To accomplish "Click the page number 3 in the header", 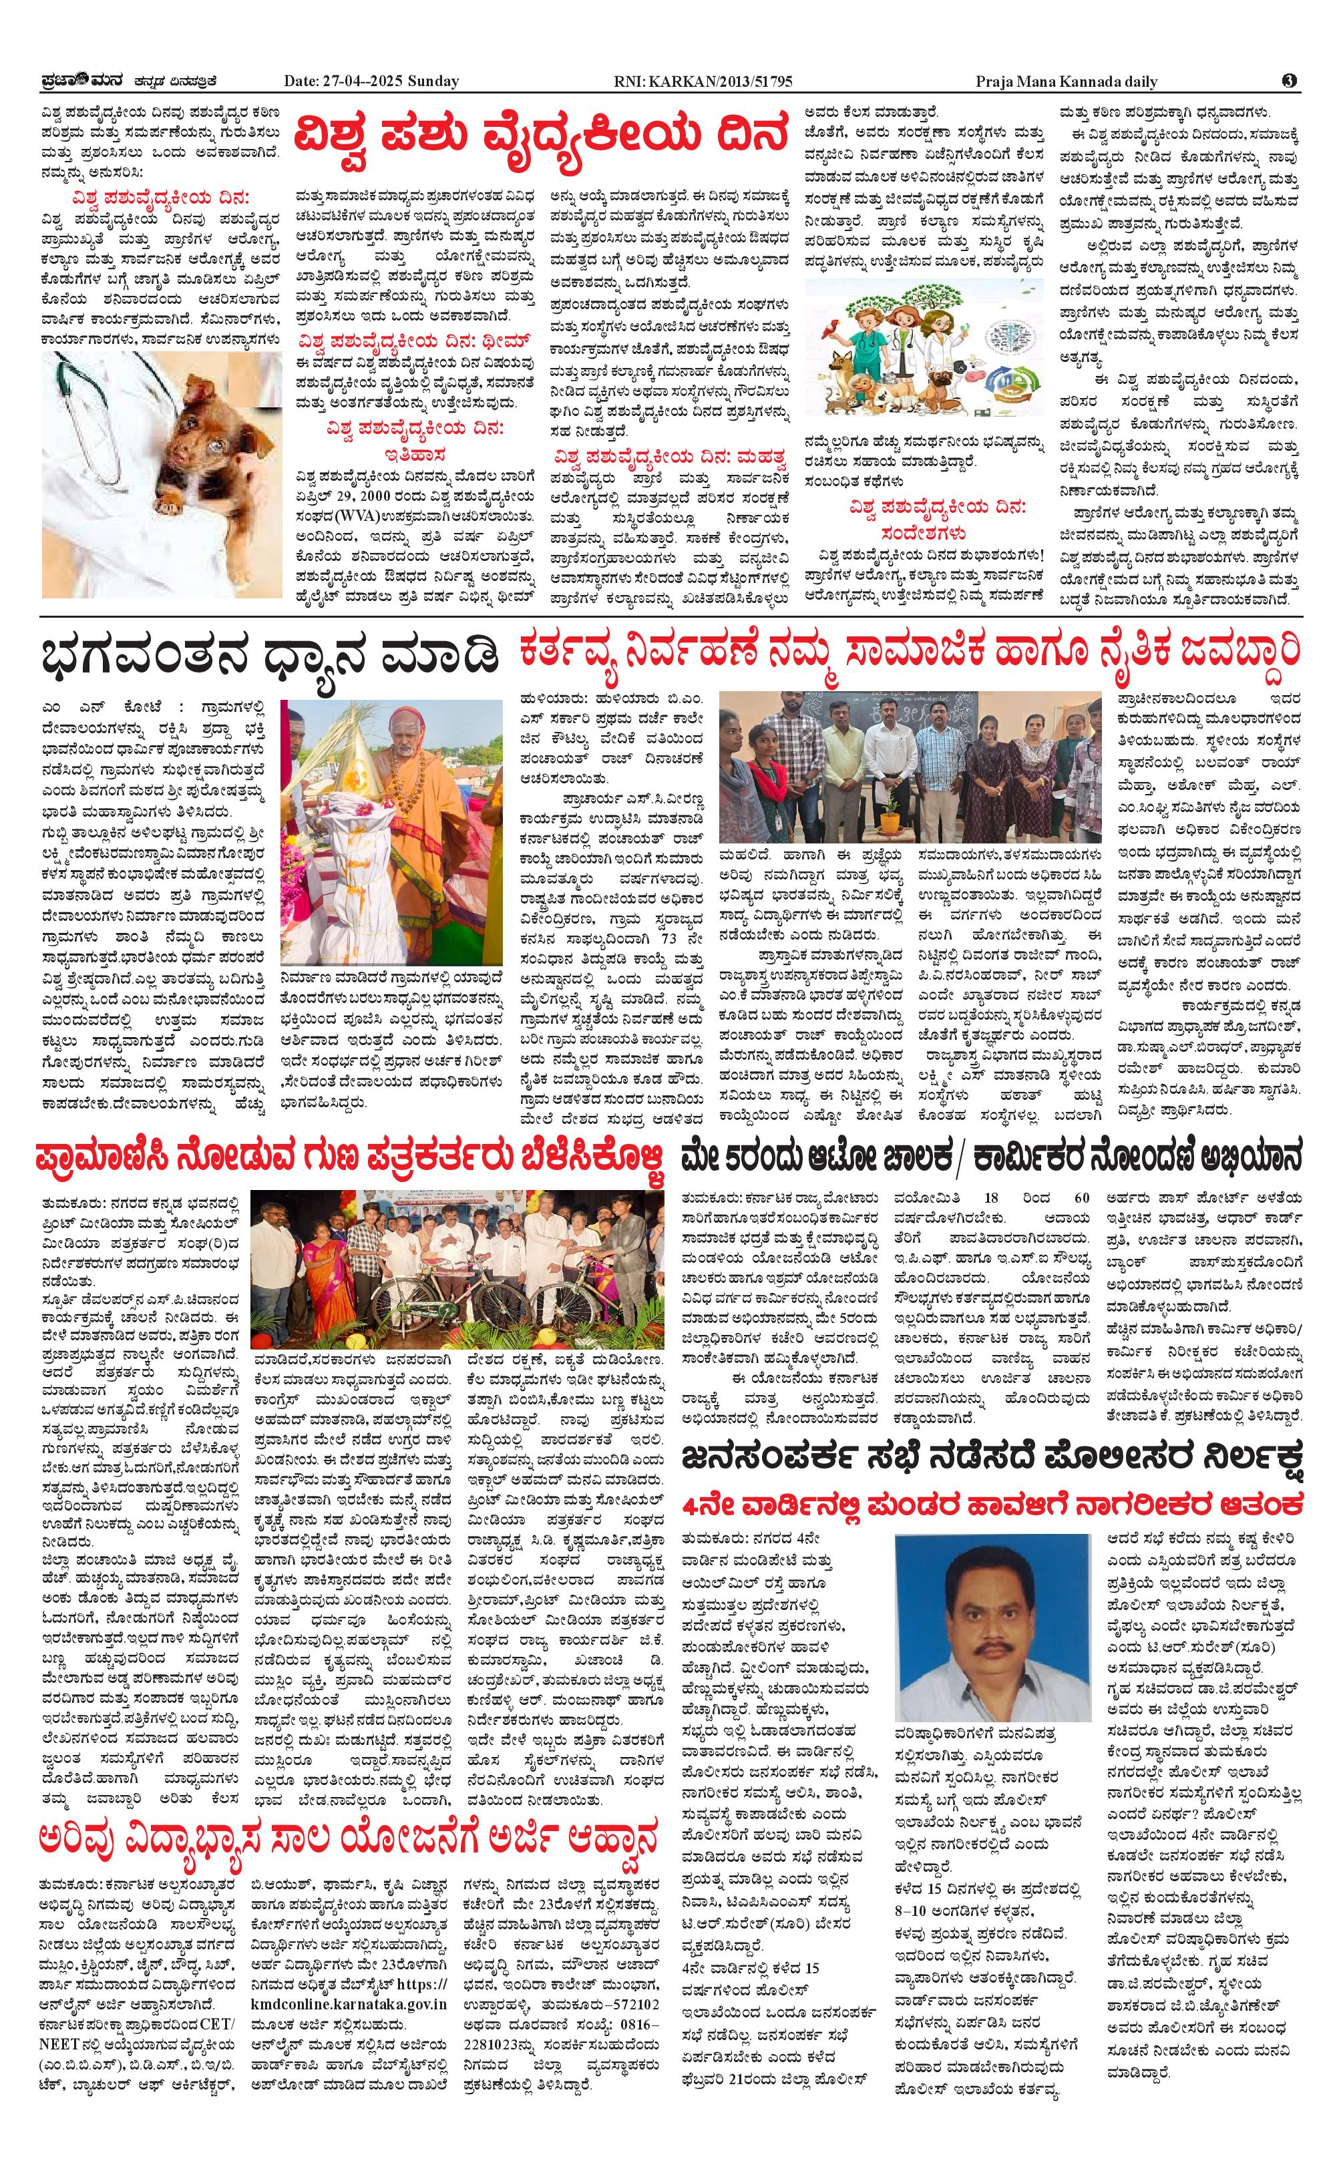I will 1290,81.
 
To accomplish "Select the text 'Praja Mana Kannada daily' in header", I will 1067,81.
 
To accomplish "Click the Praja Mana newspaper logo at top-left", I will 71,81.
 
